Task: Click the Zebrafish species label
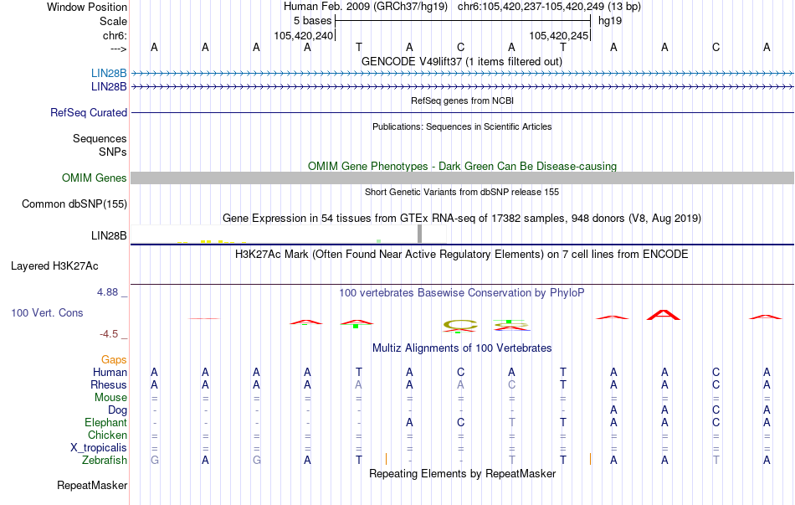105,460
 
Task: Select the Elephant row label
106,422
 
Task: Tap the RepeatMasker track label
92,485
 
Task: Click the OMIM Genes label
95,178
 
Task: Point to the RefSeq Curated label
89,112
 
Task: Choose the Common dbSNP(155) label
74,204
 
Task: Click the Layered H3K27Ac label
54,266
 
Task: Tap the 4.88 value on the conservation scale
107,291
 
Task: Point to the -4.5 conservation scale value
109,333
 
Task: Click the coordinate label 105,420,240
304,35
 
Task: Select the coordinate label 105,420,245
559,35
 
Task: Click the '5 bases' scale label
312,21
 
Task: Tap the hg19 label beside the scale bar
610,21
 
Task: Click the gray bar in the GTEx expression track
420,234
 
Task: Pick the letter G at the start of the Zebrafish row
155,460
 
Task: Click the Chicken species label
107,435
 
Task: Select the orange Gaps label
114,359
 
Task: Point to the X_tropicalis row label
99,447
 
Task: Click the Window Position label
87,7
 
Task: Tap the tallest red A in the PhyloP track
664,315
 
